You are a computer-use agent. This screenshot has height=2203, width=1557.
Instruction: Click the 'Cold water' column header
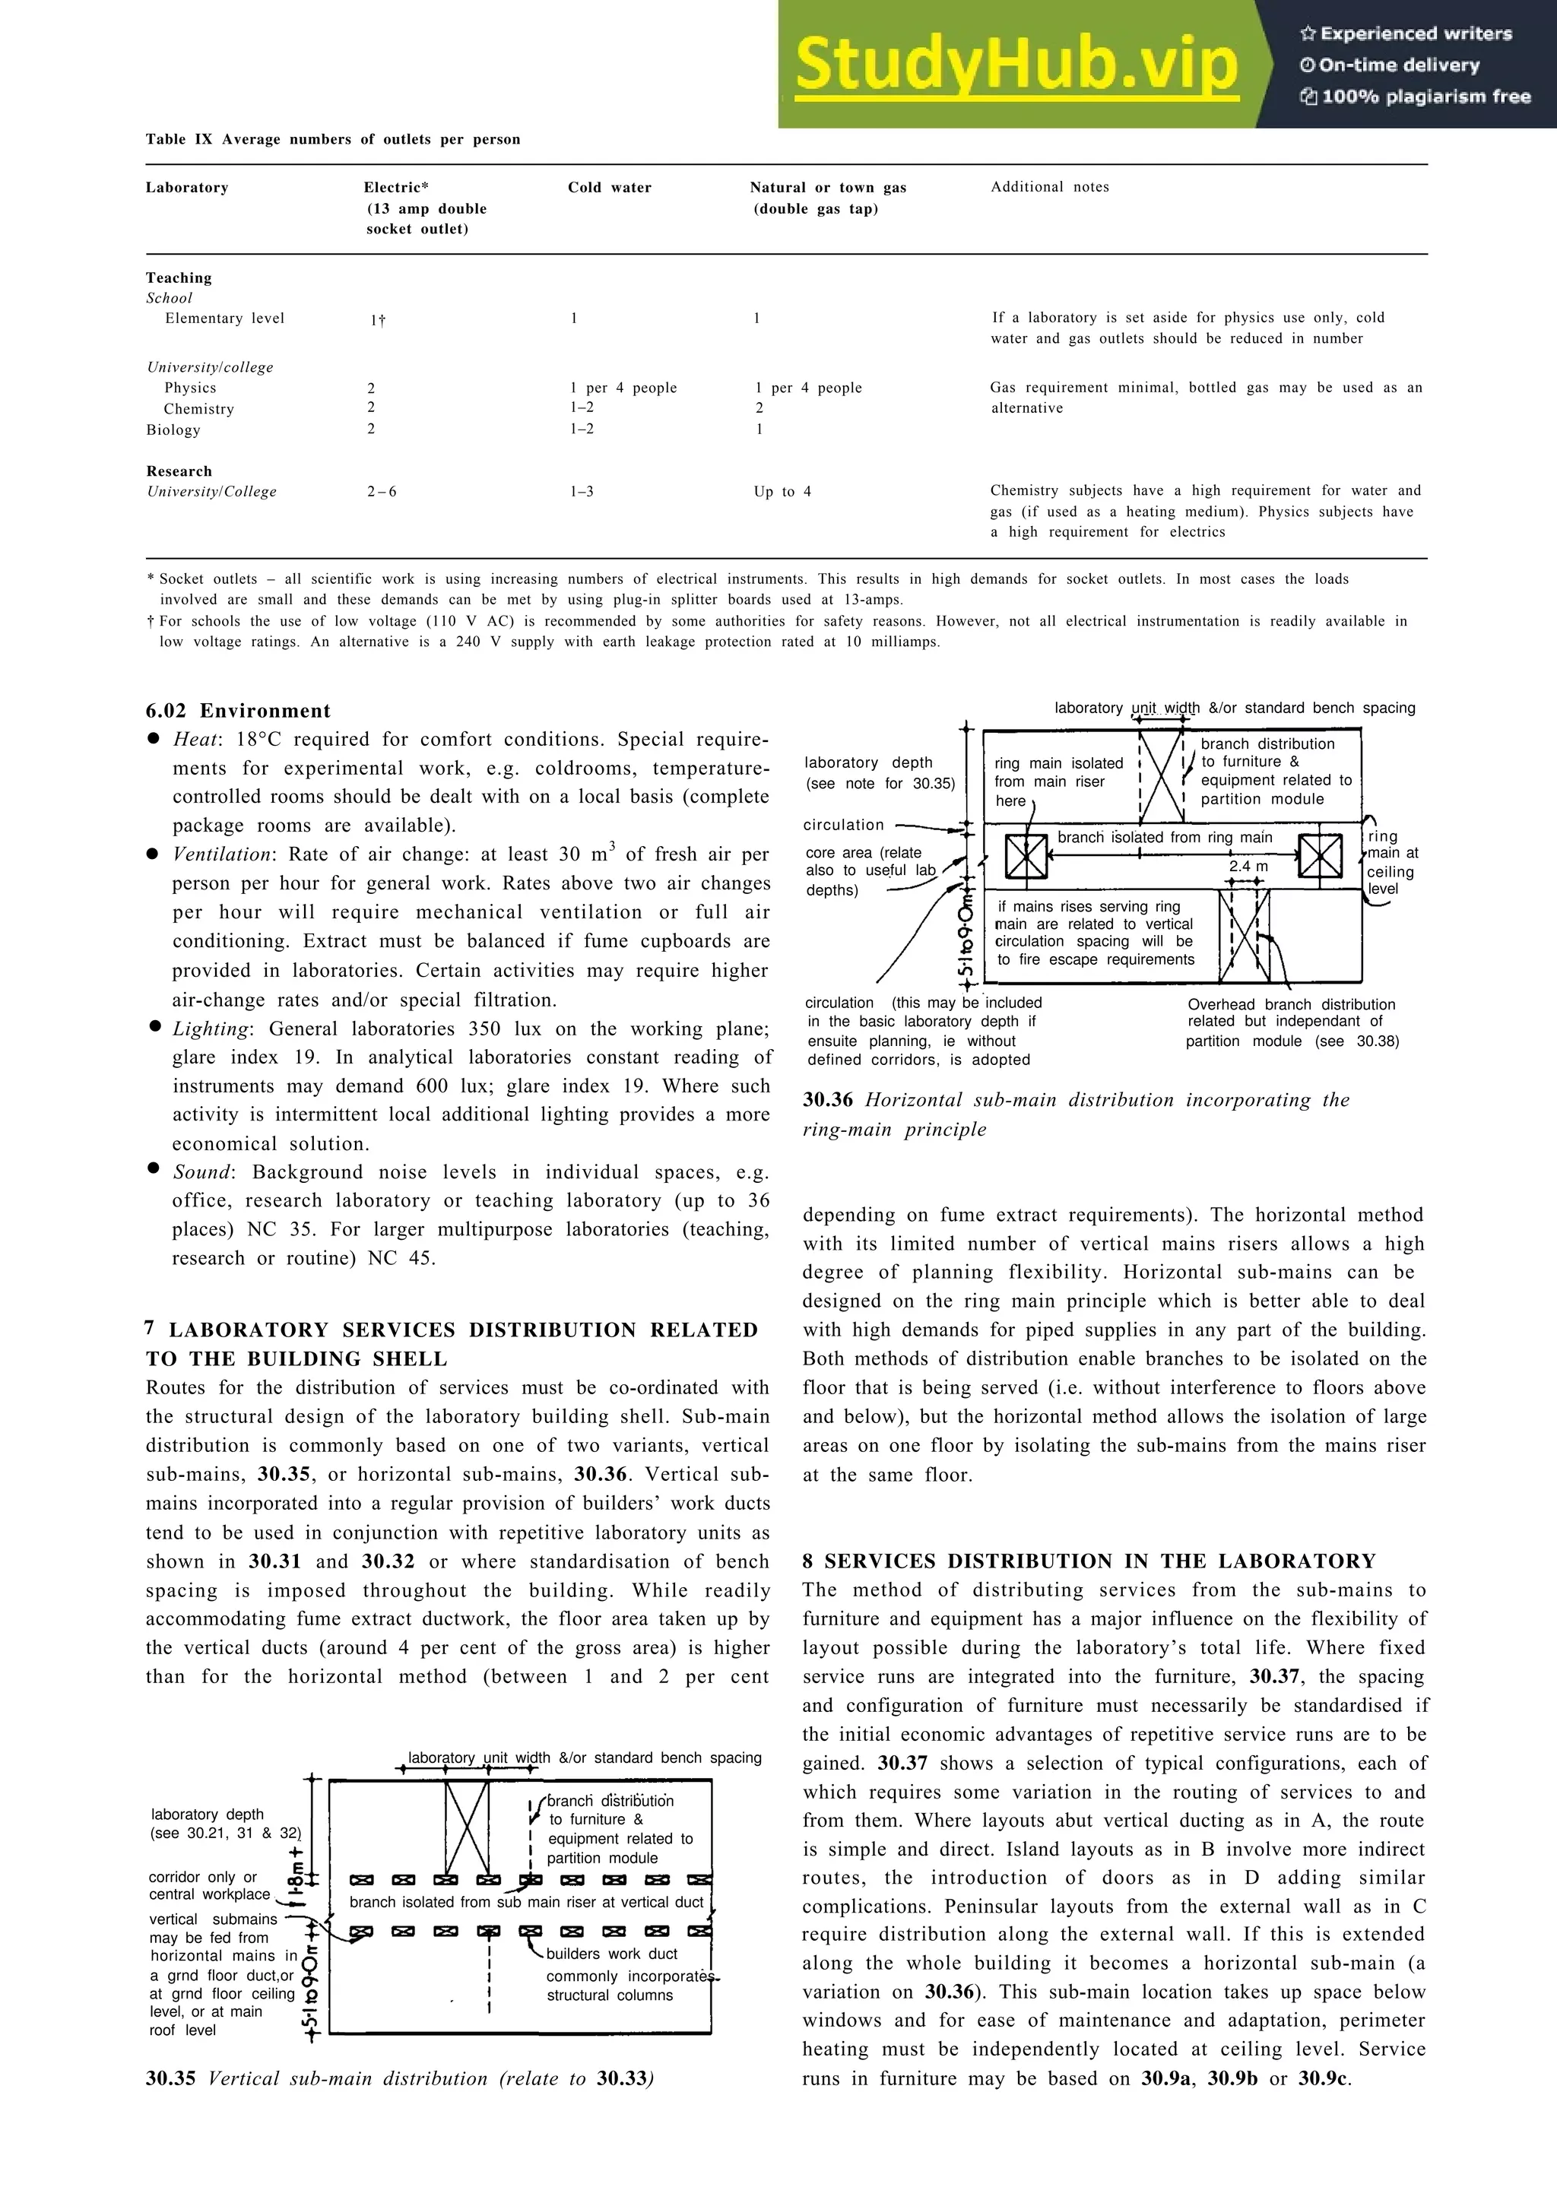609,188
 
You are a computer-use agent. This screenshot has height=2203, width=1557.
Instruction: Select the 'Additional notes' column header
1049,187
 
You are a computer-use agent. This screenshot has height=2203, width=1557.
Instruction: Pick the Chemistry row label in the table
198,409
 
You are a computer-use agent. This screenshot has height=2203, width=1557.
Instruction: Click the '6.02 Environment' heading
238,711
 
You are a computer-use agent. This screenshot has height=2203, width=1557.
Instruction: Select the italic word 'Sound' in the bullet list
202,1172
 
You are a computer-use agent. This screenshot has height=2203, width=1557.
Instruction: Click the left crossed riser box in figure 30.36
1026,857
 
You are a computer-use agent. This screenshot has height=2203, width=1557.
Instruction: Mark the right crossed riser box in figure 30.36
1319,856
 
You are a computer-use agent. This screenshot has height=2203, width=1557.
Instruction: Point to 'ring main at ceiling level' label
1392,863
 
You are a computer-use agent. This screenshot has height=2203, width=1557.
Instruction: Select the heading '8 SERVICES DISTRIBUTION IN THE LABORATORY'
1089,1561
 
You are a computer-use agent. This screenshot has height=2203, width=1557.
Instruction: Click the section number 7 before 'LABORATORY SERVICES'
150,1329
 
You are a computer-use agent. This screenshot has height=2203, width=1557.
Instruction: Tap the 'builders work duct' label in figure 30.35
611,1954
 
